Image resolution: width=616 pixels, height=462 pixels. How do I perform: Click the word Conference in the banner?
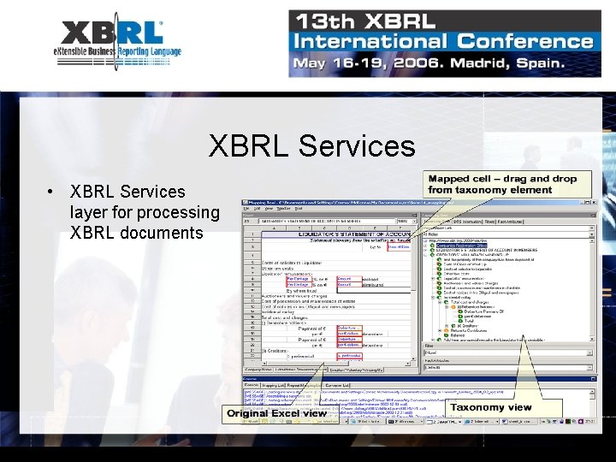(x=524, y=40)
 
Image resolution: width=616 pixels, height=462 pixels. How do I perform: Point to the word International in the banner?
(x=371, y=40)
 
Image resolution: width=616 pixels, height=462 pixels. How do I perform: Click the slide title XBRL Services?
(x=311, y=145)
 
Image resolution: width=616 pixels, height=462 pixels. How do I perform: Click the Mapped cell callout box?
(x=502, y=183)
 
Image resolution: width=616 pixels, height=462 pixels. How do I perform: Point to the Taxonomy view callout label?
(x=490, y=407)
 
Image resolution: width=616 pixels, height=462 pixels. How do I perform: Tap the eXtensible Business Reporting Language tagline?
(x=117, y=52)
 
